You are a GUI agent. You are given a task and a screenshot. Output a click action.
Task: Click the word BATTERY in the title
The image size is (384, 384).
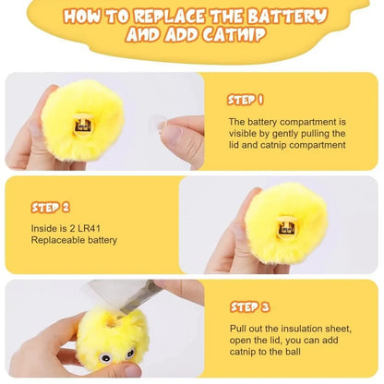[282, 17]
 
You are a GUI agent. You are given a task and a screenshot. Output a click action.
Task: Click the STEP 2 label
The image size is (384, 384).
[51, 208]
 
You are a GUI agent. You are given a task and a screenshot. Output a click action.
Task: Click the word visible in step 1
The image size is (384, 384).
[241, 133]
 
